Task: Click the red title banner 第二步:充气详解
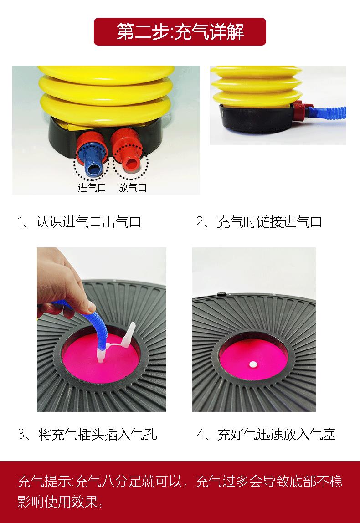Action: pyautogui.click(x=180, y=32)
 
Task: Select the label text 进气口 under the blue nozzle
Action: pyautogui.click(x=92, y=188)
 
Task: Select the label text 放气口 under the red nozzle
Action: pyautogui.click(x=133, y=188)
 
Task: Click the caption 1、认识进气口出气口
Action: pyautogui.click(x=79, y=222)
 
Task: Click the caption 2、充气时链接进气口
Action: pyautogui.click(x=259, y=222)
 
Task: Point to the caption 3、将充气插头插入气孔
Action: pyautogui.click(x=87, y=434)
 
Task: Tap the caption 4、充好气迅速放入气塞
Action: pyautogui.click(x=266, y=434)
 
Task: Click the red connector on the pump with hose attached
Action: pyautogui.click(x=299, y=112)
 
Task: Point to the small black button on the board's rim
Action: pyautogui.click(x=221, y=294)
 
